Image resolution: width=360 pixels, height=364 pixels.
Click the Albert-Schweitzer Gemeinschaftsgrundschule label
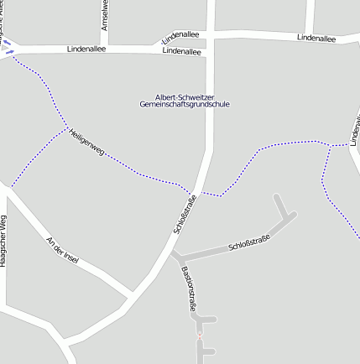(x=185, y=100)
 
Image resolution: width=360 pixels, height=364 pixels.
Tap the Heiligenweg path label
(x=86, y=144)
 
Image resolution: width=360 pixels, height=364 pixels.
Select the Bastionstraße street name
(x=188, y=289)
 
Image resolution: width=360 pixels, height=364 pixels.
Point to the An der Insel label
(x=63, y=251)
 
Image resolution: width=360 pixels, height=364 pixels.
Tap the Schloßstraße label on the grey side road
(x=249, y=244)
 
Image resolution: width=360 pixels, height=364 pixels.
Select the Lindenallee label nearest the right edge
(x=316, y=38)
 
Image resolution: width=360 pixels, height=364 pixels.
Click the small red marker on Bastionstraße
(x=200, y=335)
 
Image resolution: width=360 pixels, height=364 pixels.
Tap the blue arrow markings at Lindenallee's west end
(x=8, y=47)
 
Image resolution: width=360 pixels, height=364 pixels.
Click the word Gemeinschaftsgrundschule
(x=185, y=104)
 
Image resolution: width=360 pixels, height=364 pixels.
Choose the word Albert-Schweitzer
(x=185, y=96)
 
